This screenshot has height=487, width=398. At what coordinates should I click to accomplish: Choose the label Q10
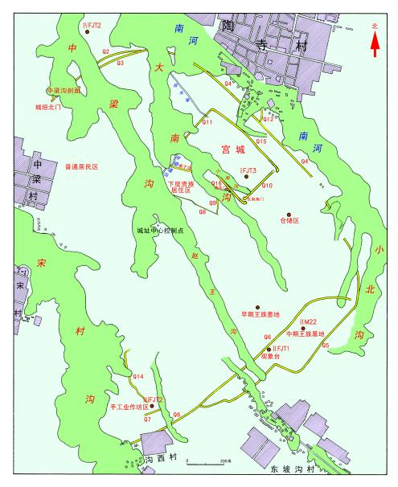pos(268,186)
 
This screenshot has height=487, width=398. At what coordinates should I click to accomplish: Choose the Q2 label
pos(105,51)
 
